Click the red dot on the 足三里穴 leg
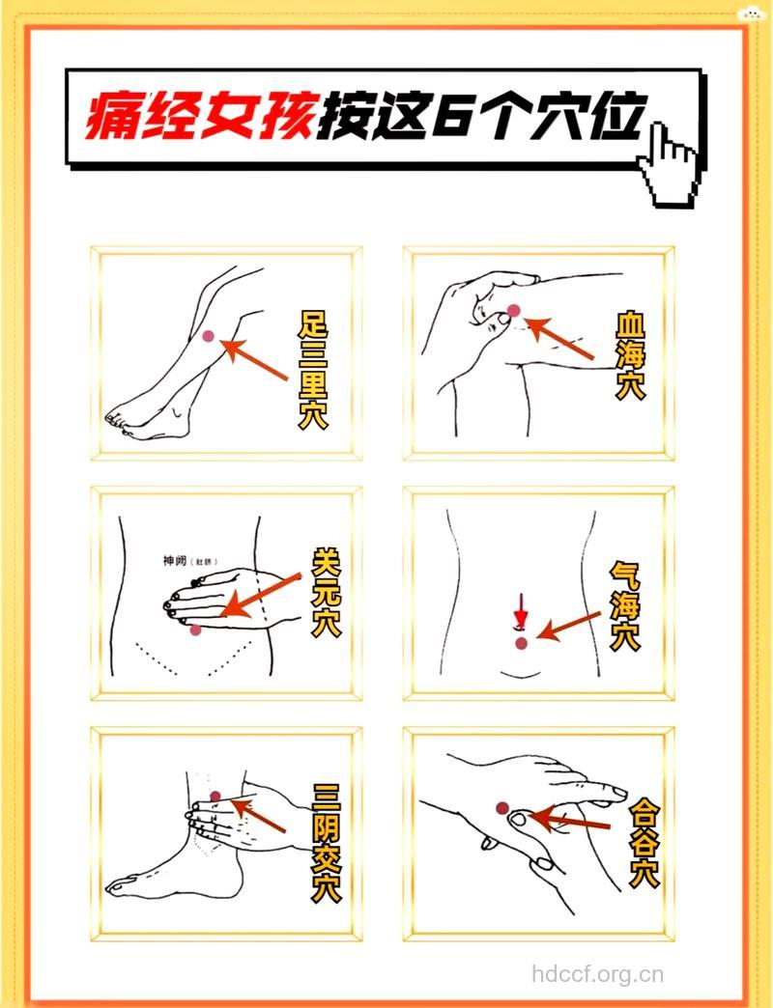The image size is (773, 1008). coord(208,335)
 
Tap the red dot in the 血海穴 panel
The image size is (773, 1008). coord(514,310)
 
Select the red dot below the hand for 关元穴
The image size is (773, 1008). coord(196,630)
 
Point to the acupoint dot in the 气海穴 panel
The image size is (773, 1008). coord(522,643)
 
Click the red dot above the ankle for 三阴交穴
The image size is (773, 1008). coord(215,797)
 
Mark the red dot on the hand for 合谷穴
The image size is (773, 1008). coord(501,808)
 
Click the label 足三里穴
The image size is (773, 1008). coord(312,368)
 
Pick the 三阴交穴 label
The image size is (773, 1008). coord(327,843)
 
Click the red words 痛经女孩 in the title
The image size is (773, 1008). coord(199,119)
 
